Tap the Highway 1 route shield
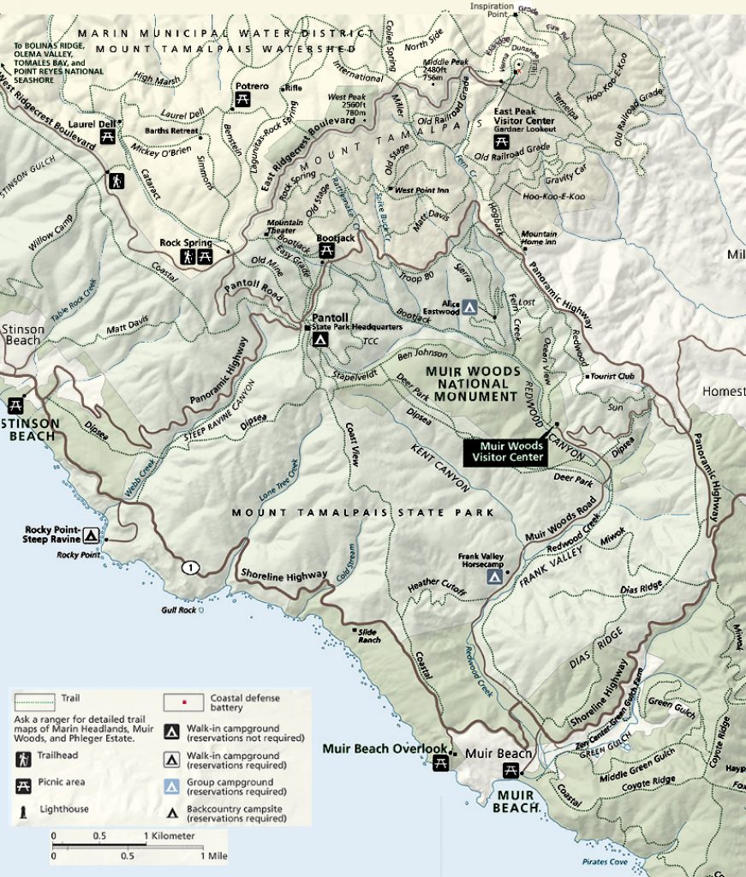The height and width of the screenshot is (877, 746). (188, 567)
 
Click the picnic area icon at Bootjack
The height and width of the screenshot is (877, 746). (326, 250)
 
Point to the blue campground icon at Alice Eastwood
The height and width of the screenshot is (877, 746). (468, 306)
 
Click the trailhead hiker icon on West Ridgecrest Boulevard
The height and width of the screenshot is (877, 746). (116, 181)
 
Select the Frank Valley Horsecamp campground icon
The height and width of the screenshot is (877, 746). (494, 577)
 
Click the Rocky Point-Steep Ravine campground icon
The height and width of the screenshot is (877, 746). (90, 535)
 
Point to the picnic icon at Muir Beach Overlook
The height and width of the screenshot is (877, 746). (441, 762)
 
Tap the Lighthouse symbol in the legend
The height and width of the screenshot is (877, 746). (23, 808)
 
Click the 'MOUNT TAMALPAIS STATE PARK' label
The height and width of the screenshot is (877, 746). (363, 512)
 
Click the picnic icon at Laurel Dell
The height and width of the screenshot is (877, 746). (108, 136)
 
